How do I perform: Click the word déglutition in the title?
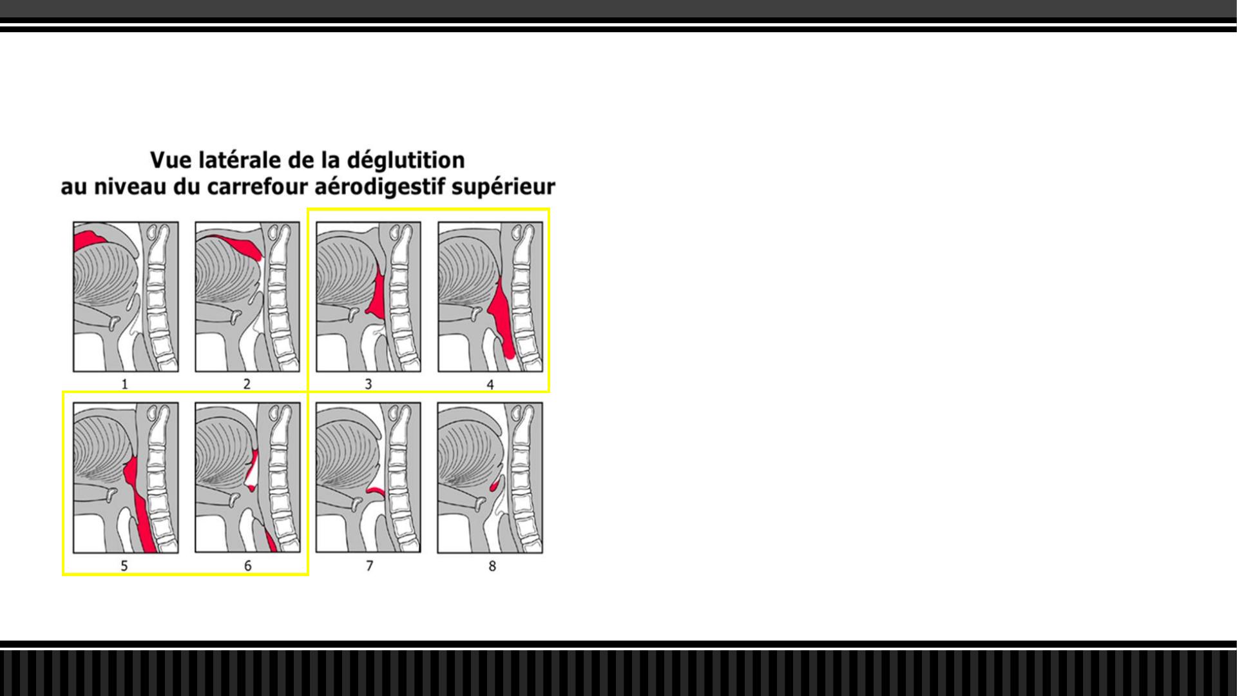(406, 160)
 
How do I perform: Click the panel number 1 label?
(124, 384)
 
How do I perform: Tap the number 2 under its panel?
(247, 384)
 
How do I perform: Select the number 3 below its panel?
(369, 384)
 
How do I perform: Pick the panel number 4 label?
(490, 385)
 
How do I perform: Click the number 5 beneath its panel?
(124, 566)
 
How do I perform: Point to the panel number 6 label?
(248, 566)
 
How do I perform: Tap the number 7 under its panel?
(369, 566)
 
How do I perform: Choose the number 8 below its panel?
(492, 566)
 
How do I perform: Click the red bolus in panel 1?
(89, 240)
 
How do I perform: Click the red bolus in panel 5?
(143, 509)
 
